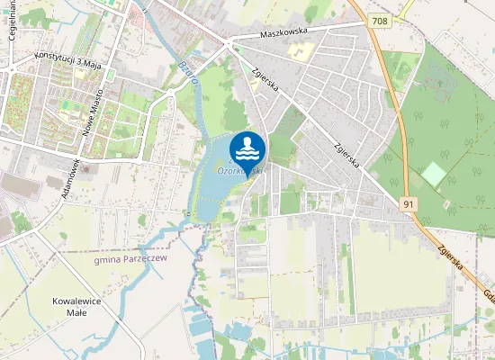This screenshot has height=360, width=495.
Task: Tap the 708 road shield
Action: click(x=379, y=20)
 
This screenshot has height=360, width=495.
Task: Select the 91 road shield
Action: click(x=409, y=204)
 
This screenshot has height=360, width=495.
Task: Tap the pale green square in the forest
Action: click(x=435, y=175)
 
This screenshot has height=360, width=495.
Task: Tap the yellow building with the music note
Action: click(x=297, y=51)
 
